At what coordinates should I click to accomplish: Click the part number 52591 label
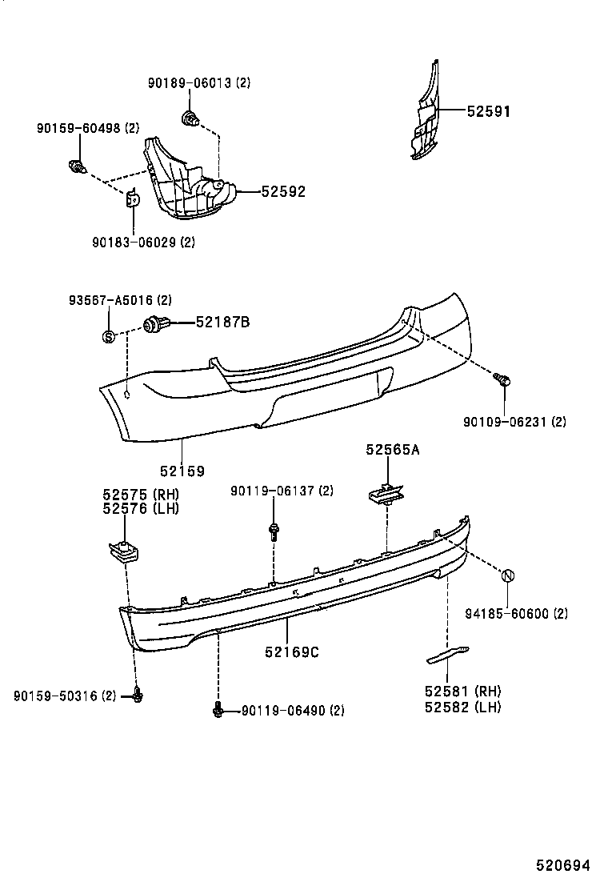(489, 112)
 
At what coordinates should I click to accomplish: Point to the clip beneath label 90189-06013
(190, 120)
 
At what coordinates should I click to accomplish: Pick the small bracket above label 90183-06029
(134, 198)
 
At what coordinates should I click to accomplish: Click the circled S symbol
(109, 336)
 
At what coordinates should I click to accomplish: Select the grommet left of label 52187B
(153, 325)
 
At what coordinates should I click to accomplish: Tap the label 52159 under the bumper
(182, 471)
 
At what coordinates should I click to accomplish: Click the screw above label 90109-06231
(503, 381)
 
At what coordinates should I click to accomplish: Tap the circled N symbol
(506, 575)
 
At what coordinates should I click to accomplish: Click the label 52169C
(292, 652)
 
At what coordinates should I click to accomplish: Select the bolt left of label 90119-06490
(217, 709)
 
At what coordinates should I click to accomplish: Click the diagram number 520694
(562, 865)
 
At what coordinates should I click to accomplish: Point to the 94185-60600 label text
(516, 614)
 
